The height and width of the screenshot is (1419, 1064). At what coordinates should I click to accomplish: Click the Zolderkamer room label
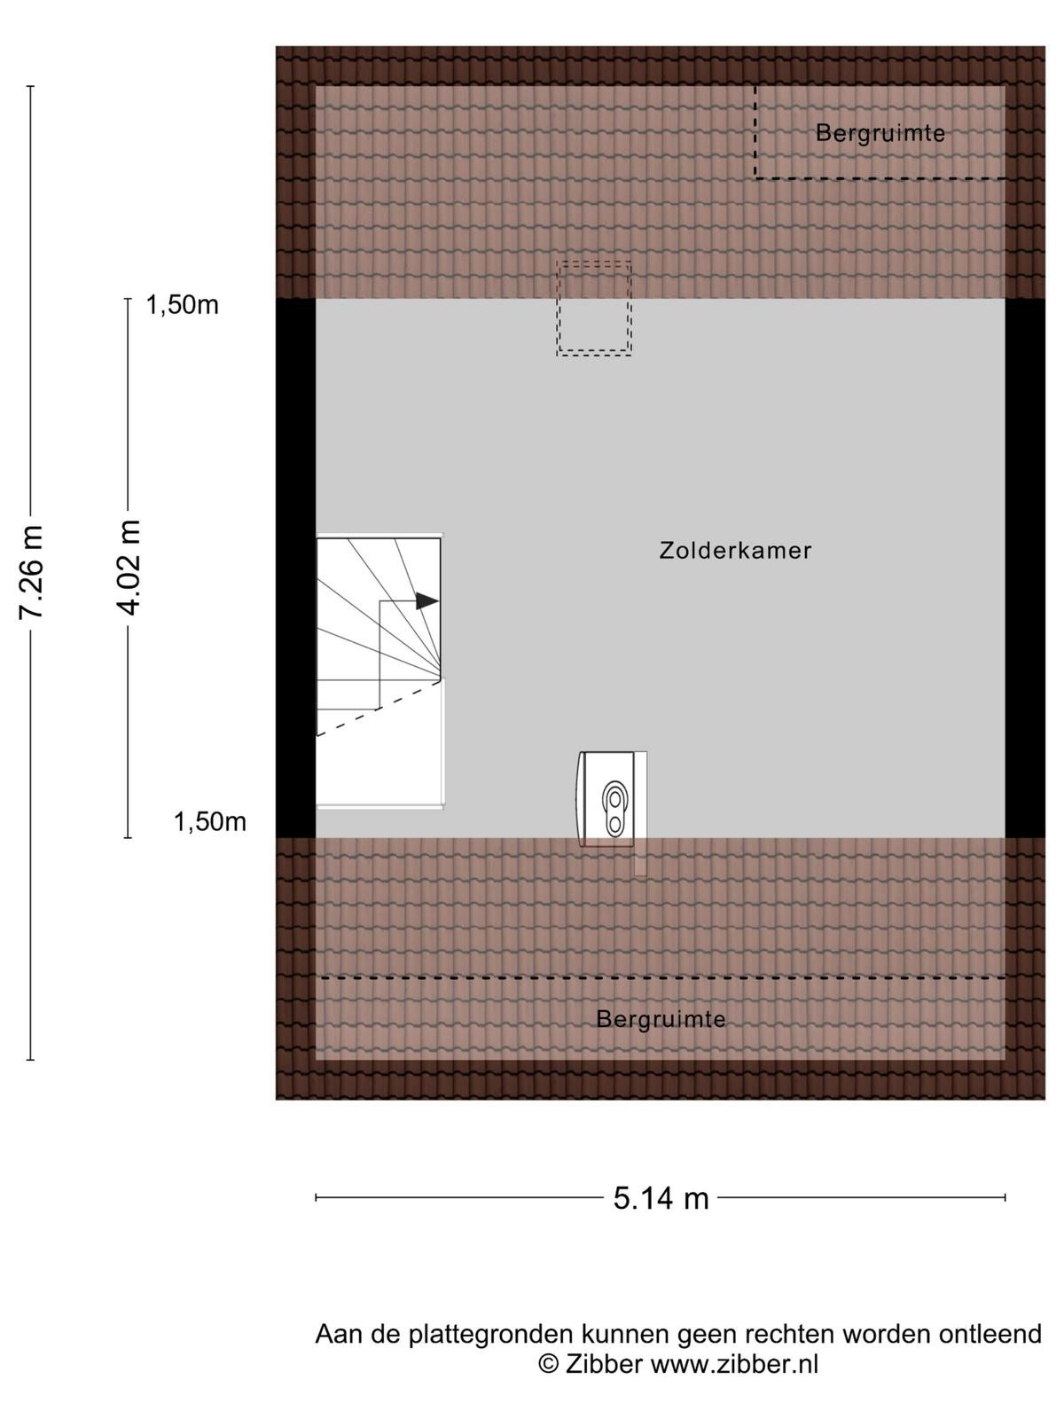click(735, 550)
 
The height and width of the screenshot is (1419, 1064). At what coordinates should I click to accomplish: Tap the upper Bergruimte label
click(880, 133)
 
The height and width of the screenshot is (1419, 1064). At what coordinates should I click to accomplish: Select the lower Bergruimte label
click(661, 1020)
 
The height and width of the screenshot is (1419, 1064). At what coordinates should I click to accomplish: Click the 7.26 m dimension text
click(30, 572)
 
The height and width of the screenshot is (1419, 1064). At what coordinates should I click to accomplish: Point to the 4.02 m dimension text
click(128, 567)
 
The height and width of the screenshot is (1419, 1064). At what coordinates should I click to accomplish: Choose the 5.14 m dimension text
click(661, 1198)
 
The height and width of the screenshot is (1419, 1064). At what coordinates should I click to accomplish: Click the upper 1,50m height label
click(182, 305)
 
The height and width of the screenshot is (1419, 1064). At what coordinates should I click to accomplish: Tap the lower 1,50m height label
click(210, 821)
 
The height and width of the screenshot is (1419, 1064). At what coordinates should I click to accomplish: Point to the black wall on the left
click(296, 568)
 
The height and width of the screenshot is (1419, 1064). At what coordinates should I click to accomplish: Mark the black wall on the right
click(1025, 568)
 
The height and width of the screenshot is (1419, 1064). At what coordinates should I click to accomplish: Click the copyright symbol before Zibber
click(549, 1363)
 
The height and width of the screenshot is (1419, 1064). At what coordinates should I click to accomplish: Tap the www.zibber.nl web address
click(734, 1364)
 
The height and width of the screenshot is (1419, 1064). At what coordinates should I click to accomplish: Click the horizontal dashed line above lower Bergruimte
click(663, 978)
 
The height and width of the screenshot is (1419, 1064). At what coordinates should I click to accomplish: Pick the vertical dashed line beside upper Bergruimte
click(755, 132)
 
